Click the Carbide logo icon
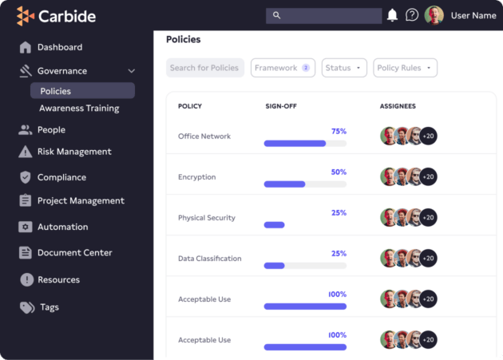[26, 16]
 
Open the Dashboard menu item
[59, 47]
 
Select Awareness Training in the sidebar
[79, 109]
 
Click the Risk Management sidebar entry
[74, 152]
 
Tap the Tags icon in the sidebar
[26, 307]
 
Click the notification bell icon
[392, 15]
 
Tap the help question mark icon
[412, 15]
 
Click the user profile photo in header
[434, 15]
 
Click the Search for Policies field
[204, 68]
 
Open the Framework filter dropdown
[283, 68]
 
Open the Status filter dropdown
[344, 68]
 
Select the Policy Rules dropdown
[405, 68]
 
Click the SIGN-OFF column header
[281, 106]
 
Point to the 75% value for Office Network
[339, 131]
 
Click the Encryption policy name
[196, 177]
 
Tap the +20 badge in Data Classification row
[429, 259]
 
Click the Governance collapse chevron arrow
[132, 71]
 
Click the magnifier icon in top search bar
[277, 15]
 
